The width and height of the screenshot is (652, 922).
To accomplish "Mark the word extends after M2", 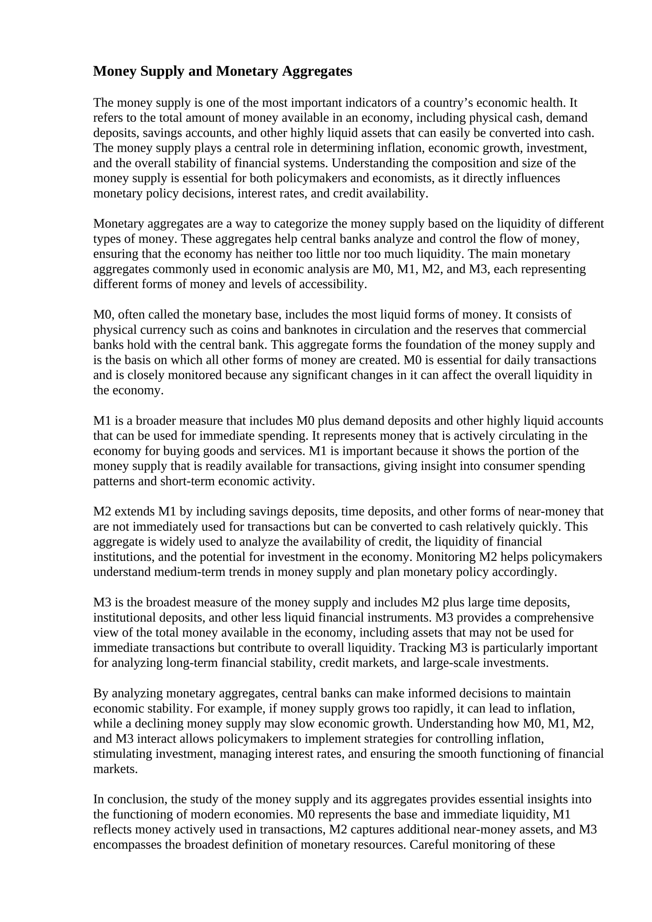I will click(x=135, y=512).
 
